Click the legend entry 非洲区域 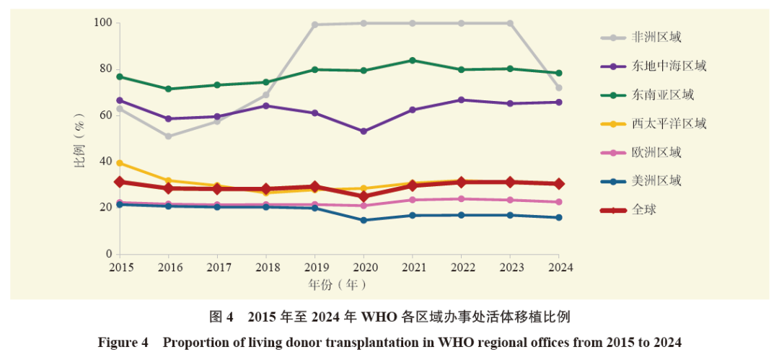pos(641,38)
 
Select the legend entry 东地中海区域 pos(653,66)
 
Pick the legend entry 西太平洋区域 pos(653,123)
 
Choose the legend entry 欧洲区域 pos(641,152)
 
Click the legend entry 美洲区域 pos(641,181)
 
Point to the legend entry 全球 pos(628,210)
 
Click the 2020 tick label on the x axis pos(364,268)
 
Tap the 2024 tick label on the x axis pos(559,268)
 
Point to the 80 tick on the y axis pos(105,69)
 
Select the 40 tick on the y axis pos(105,162)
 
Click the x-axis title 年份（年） pos(338,284)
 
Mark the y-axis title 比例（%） pos(80,139)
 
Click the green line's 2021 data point pos(413,60)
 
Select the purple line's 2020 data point pos(364,131)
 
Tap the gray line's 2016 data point pos(168,136)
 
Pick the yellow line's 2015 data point pos(120,163)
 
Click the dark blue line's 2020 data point pos(364,220)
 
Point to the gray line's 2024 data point pos(559,88)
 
